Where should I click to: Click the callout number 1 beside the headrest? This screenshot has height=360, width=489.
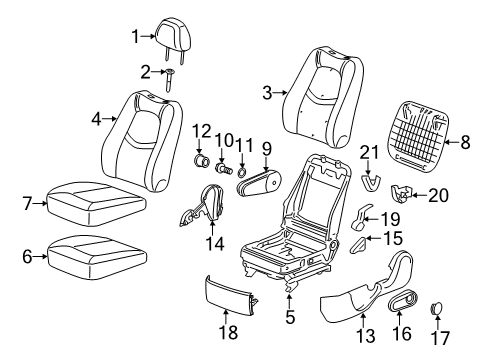point(137,37)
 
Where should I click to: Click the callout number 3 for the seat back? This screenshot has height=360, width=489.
point(267,93)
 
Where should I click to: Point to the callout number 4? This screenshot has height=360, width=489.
point(97,119)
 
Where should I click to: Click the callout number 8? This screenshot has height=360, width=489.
point(465,144)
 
